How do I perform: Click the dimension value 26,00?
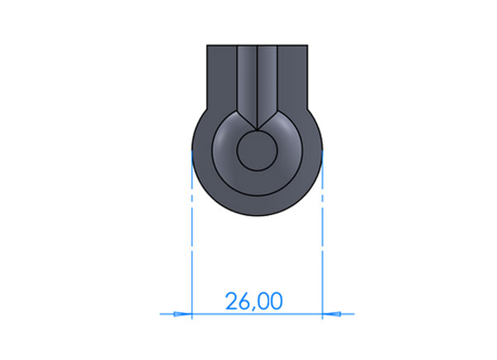254,301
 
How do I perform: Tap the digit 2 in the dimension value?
231,300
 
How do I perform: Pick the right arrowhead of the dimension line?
331,314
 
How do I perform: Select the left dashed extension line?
192,233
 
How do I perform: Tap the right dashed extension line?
322,233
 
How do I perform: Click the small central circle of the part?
257,151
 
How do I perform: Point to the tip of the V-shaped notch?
257,130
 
